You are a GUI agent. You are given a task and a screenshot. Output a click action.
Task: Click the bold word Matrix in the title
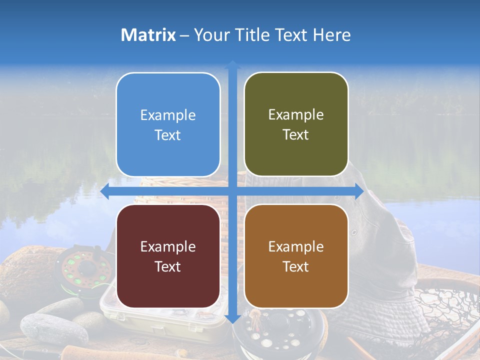[148, 35]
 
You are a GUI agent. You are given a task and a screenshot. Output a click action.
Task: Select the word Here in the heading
[332, 35]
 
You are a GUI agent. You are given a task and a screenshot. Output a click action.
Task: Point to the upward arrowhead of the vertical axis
[232, 65]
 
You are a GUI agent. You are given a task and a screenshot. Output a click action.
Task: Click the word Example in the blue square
[168, 115]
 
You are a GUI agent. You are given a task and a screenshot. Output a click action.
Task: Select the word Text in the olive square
[296, 135]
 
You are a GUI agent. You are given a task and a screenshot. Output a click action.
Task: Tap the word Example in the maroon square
[168, 246]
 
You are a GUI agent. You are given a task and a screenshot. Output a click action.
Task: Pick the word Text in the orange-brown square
[296, 266]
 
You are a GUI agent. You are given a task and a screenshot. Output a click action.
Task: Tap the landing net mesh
[445, 310]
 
